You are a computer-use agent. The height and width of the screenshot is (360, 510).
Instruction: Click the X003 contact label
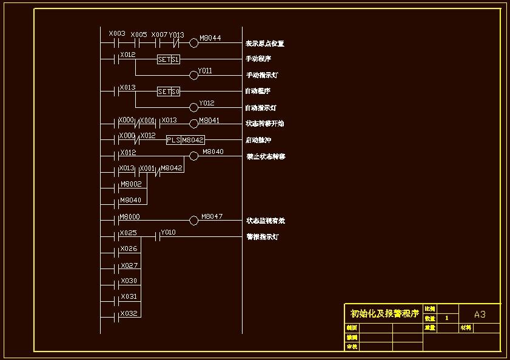117,33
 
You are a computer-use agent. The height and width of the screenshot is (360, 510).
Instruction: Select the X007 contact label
159,35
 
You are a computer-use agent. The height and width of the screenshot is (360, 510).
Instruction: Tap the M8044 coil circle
194,43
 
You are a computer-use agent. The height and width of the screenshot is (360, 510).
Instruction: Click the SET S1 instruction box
169,59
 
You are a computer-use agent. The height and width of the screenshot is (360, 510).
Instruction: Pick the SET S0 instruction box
169,92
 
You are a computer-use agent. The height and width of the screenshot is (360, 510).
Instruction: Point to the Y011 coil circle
194,75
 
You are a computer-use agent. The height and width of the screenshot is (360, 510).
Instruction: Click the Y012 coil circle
194,107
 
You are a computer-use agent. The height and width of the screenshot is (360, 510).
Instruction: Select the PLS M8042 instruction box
186,140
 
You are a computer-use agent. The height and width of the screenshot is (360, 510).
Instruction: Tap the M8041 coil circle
194,124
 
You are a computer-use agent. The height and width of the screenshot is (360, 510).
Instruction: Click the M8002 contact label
131,184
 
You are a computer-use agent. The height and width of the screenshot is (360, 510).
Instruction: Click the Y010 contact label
168,232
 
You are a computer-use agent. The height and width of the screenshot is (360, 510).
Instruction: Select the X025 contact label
129,233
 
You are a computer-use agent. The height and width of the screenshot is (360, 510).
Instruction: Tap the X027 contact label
129,265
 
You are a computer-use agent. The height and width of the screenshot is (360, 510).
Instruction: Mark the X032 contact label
129,313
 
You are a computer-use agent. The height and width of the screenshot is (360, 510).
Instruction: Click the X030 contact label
129,281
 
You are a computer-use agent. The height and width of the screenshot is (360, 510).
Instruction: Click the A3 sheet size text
480,314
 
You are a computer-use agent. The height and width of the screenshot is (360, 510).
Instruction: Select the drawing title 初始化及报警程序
384,313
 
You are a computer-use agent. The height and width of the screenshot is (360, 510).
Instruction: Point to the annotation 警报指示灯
262,237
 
